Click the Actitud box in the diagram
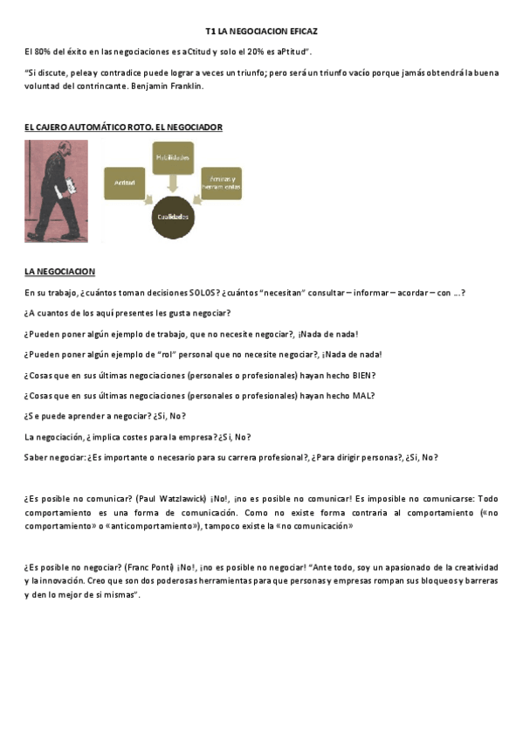124,182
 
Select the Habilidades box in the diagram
173,157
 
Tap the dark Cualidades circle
172,216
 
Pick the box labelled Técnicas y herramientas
221,183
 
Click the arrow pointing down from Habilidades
173,181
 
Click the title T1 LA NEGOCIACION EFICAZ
261,31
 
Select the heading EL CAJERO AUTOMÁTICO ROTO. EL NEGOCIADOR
123,128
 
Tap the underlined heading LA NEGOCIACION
59,272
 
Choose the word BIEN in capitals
361,375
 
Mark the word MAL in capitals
363,395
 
